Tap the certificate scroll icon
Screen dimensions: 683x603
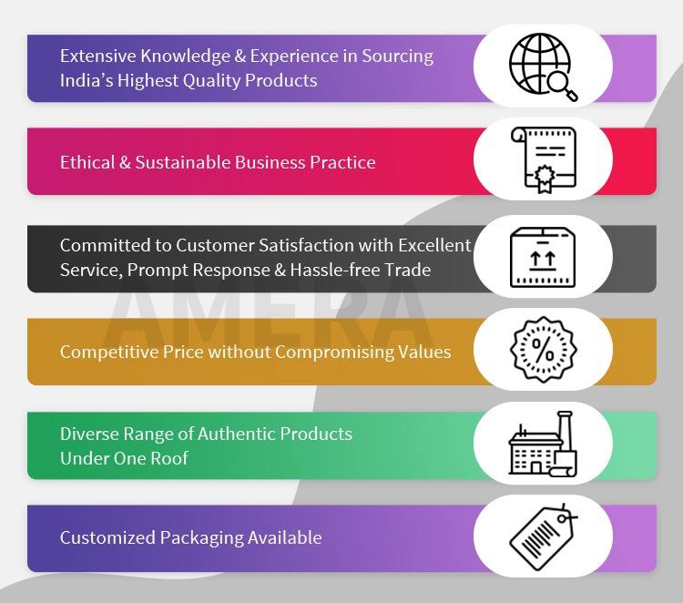[x=543, y=159]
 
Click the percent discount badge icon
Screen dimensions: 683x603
[x=543, y=350]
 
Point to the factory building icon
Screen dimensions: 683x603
[x=543, y=444]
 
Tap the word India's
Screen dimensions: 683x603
[x=85, y=80]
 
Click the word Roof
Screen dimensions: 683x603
[x=168, y=458]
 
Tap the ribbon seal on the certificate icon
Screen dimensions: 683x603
[x=544, y=179]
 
